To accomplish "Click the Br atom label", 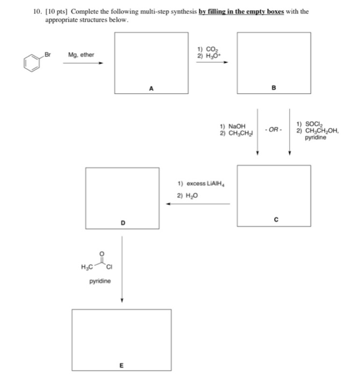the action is tap(48, 54).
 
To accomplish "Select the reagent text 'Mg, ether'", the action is tap(81, 55).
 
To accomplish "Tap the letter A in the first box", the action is tap(151, 89).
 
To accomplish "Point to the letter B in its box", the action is tap(274, 88).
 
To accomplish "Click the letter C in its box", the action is tap(276, 219).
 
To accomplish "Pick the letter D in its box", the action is tap(123, 223).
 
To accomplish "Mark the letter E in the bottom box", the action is tap(121, 365).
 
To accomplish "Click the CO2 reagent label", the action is tap(212, 49).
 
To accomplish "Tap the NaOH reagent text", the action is tap(237, 126).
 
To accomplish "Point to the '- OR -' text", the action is tap(274, 130).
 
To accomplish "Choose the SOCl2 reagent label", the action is tap(314, 124).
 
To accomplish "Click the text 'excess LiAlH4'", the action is tap(205, 184).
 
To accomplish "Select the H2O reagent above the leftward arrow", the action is tap(192, 196).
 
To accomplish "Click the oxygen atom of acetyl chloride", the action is tap(102, 254).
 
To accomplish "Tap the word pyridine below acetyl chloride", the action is tap(100, 281).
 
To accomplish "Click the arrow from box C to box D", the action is tap(198, 204).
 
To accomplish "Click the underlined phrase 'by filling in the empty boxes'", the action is tap(241, 11).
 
